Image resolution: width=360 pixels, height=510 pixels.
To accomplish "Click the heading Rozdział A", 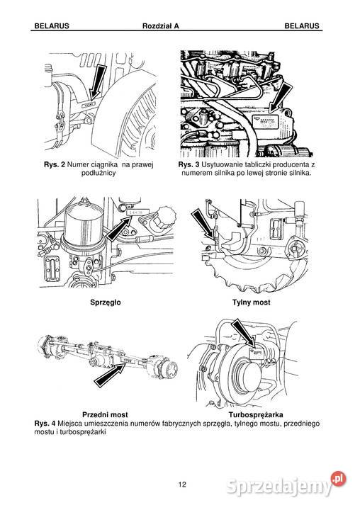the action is [x=160, y=26].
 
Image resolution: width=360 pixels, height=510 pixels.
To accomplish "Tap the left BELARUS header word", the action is [x=52, y=26].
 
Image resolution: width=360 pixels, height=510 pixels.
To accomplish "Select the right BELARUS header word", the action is [x=302, y=26].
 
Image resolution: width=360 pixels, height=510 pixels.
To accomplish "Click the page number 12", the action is [x=182, y=484].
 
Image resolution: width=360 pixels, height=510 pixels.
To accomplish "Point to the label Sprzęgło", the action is [x=106, y=302].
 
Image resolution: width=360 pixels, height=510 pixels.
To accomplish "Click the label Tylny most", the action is [x=252, y=302].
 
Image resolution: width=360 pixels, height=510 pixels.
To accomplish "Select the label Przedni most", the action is [x=105, y=415].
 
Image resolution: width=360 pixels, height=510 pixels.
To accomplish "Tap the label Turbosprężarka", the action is [x=256, y=415].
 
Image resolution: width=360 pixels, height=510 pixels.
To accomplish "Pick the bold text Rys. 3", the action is [x=189, y=164].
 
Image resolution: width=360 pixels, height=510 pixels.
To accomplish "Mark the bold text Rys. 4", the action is [x=45, y=424].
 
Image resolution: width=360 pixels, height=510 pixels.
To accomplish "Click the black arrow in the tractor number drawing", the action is [x=97, y=81].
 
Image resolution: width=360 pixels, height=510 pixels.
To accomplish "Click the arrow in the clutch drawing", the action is [x=119, y=229].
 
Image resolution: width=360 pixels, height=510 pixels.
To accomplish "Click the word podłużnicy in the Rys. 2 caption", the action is [x=99, y=174].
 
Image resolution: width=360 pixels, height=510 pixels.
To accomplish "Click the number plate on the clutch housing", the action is [x=138, y=212].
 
